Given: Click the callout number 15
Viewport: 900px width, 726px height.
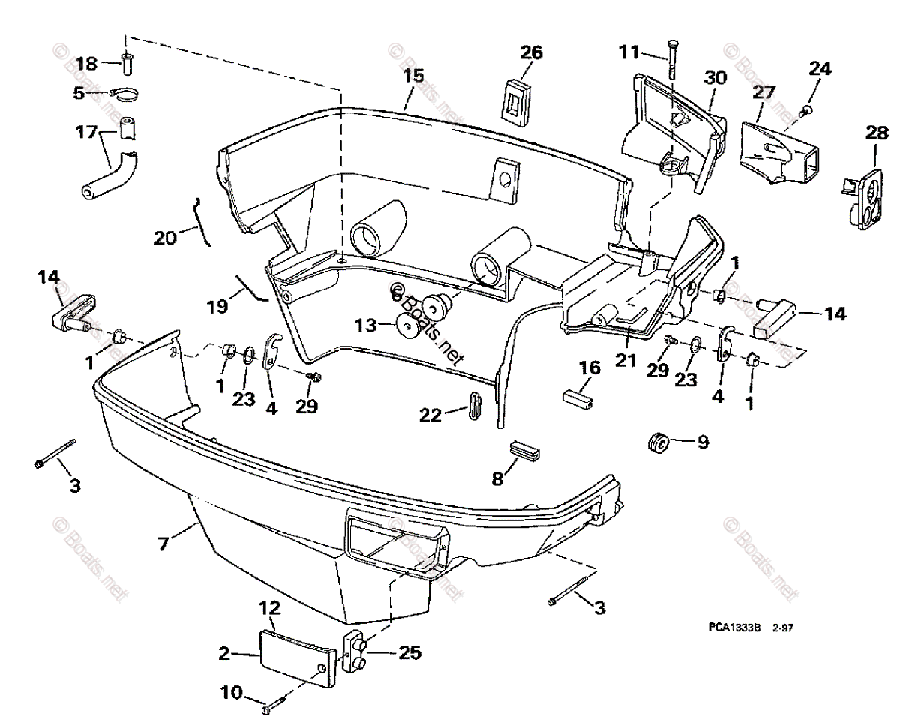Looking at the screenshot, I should coord(412,76).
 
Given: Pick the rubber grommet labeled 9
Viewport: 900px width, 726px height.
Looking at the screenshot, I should coord(658,442).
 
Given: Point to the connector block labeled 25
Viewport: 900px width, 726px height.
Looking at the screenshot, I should coord(355,652).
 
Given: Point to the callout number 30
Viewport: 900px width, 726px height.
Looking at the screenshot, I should coord(715,77).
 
